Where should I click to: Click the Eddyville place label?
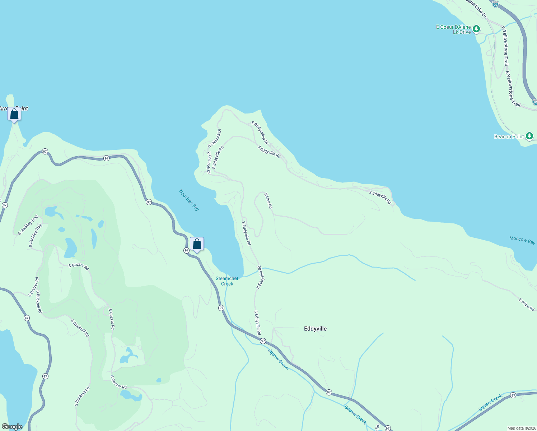click(x=315, y=329)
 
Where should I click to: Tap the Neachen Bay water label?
click(x=189, y=200)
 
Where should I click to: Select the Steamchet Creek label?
click(x=227, y=281)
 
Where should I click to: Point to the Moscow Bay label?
click(x=522, y=240)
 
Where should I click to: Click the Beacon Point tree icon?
click(x=529, y=136)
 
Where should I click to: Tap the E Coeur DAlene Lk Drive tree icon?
click(x=476, y=29)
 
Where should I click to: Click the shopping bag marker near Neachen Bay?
click(x=197, y=244)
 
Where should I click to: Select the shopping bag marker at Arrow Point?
click(x=14, y=114)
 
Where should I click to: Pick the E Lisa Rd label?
click(x=268, y=201)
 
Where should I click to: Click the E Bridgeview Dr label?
click(x=260, y=133)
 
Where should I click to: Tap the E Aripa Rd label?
click(x=526, y=304)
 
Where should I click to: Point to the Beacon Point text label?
click(x=509, y=136)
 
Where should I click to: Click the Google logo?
click(x=12, y=427)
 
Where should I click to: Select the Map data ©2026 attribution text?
click(x=521, y=428)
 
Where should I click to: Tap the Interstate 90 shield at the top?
click(x=495, y=4)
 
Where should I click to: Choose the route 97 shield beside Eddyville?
click(x=263, y=340)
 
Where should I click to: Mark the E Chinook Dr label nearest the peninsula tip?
click(x=215, y=138)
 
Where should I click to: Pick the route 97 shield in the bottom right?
click(x=513, y=395)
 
